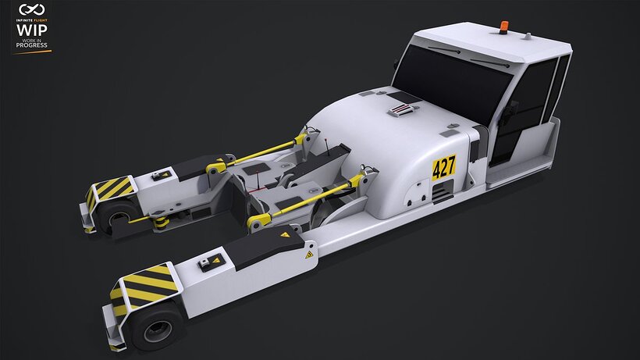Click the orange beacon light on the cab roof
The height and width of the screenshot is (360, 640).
point(503,27)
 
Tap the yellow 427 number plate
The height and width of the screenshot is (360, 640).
point(443,167)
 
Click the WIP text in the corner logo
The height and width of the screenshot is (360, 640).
point(32,30)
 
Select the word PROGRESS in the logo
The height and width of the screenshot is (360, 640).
point(32,45)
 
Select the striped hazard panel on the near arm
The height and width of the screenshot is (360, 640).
point(145,287)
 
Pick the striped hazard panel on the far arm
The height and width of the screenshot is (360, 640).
point(110,190)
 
